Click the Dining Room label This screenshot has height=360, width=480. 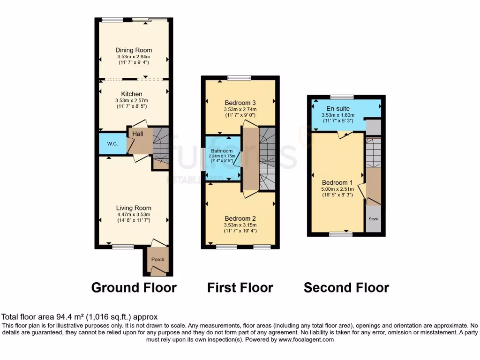(x=134, y=50)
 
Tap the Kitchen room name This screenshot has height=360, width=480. (x=131, y=94)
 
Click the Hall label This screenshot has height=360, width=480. (x=138, y=134)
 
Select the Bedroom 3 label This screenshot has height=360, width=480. (x=240, y=103)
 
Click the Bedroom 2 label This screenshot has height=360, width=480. (x=240, y=218)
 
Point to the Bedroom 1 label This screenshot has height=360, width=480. (x=337, y=182)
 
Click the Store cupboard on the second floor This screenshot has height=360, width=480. (x=373, y=218)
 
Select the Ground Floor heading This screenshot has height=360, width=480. (x=134, y=287)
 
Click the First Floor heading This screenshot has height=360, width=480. (x=240, y=287)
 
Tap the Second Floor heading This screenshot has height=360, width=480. (x=346, y=287)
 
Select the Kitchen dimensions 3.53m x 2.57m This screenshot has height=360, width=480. (x=131, y=100)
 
